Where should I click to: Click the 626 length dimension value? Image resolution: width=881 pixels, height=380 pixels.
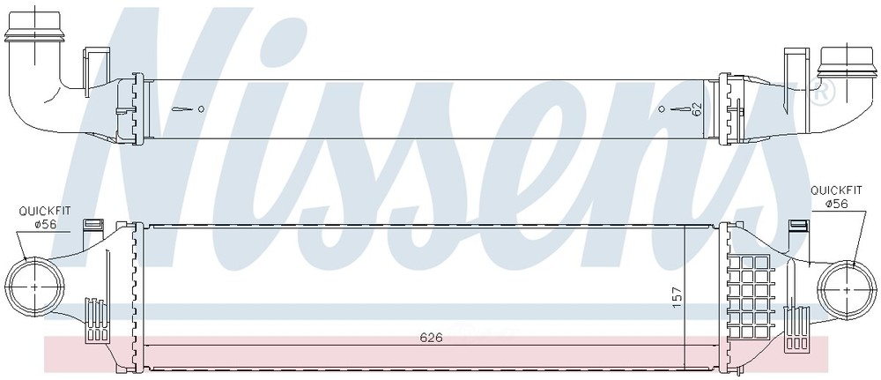pyautogui.click(x=432, y=338)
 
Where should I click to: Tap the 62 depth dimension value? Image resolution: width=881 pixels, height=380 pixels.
pyautogui.click(x=697, y=108)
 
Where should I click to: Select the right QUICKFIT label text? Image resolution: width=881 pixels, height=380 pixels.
pyautogui.click(x=836, y=191)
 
